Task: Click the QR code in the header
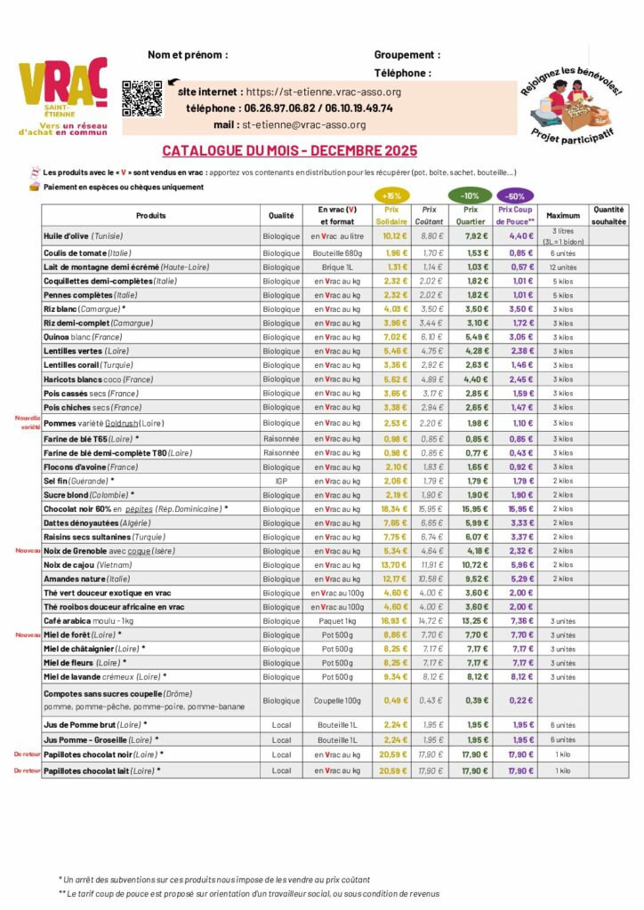[142, 99]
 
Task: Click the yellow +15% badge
[390, 196]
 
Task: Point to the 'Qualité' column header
[281, 215]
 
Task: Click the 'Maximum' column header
[563, 215]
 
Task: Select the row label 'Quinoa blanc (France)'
[91, 337]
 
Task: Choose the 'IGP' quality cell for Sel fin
[281, 481]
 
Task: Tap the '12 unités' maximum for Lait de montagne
[563, 267]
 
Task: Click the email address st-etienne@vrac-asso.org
[303, 125]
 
